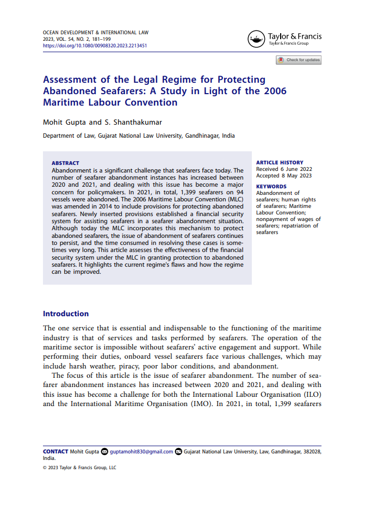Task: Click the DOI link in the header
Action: (x=95, y=46)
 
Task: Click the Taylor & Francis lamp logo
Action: (x=256, y=39)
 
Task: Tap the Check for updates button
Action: (x=299, y=60)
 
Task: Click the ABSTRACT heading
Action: (x=65, y=163)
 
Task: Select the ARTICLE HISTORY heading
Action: (x=280, y=163)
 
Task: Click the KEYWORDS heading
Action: (x=271, y=187)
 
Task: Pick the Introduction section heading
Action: (x=66, y=314)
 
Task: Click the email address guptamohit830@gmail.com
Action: (x=141, y=452)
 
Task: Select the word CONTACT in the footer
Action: (x=55, y=452)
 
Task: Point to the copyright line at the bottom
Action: (x=79, y=468)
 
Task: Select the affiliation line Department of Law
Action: (x=139, y=136)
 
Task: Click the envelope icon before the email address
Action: (x=105, y=452)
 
